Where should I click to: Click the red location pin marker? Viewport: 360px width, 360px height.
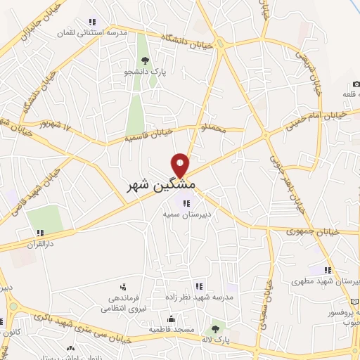click(181, 165)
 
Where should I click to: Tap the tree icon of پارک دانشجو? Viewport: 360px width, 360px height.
click(145, 61)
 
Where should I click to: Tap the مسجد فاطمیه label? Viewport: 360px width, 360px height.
click(167, 328)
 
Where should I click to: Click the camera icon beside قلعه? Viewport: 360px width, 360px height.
click(356, 85)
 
